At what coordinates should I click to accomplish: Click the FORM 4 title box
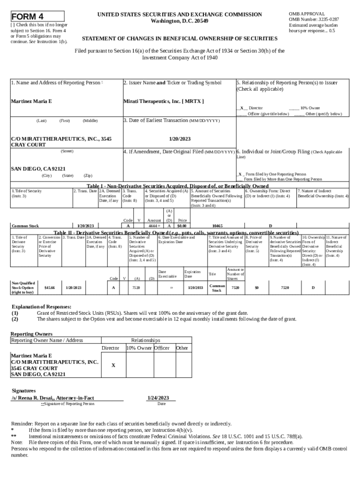37,16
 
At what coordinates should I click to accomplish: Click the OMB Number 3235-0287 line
314,20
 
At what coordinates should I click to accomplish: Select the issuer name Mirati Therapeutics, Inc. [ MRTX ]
163,101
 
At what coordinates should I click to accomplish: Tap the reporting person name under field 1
31,101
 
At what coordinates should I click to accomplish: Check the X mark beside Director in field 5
241,108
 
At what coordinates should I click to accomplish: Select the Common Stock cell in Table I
25,225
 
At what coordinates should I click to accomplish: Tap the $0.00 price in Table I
182,225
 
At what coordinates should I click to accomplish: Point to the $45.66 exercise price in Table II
49,287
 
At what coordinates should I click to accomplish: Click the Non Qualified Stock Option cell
23,287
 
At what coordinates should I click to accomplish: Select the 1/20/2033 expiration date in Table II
195,287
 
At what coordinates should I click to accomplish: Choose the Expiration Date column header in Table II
193,274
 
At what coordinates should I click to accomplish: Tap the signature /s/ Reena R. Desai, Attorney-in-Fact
53,398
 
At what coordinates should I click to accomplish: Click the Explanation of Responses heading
42,307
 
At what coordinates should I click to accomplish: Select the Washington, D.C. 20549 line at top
180,22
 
